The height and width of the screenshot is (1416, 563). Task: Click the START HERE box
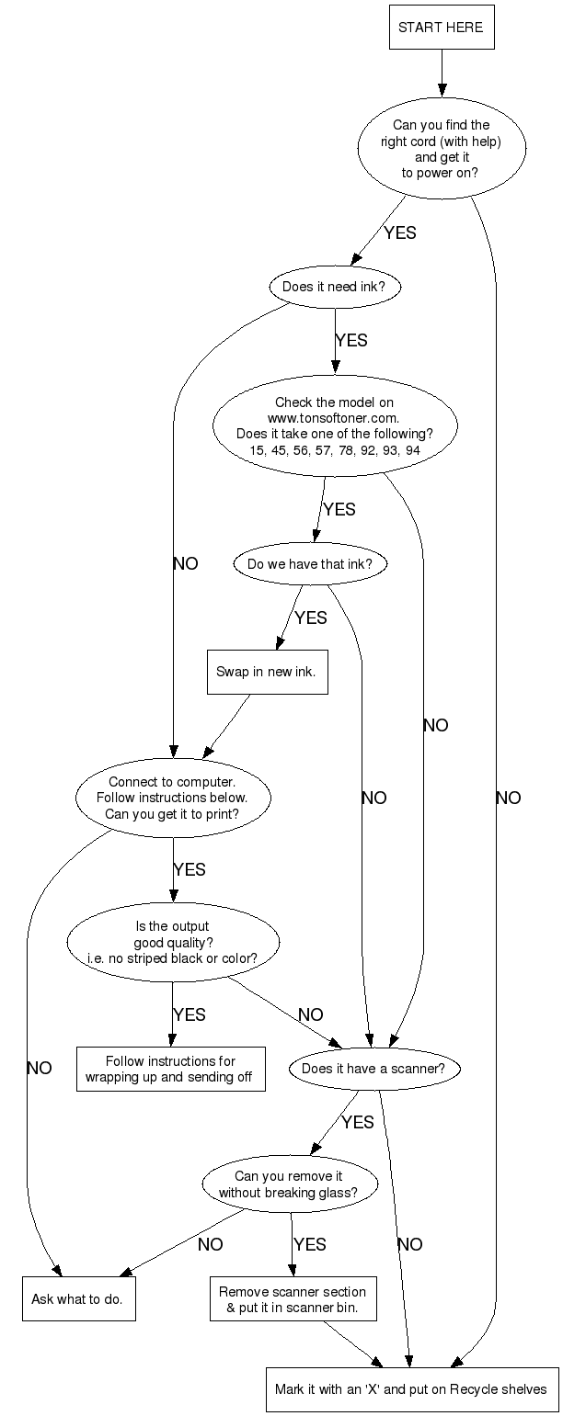coord(441,28)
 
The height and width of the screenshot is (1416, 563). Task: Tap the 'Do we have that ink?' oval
coord(310,564)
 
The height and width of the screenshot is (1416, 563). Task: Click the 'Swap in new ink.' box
coord(266,672)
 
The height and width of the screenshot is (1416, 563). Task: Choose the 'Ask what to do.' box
coord(78,1298)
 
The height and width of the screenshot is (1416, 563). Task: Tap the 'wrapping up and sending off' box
coord(170,1069)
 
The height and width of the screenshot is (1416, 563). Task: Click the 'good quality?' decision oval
coord(172,943)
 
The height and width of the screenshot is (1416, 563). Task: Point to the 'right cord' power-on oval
coord(441,148)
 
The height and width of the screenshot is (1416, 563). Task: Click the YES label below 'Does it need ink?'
coord(351,340)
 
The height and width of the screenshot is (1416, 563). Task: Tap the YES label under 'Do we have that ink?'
coord(310,617)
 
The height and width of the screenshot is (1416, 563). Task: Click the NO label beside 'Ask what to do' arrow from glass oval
coord(210,1244)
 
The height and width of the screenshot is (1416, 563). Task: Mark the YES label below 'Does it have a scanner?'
coord(357,1122)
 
